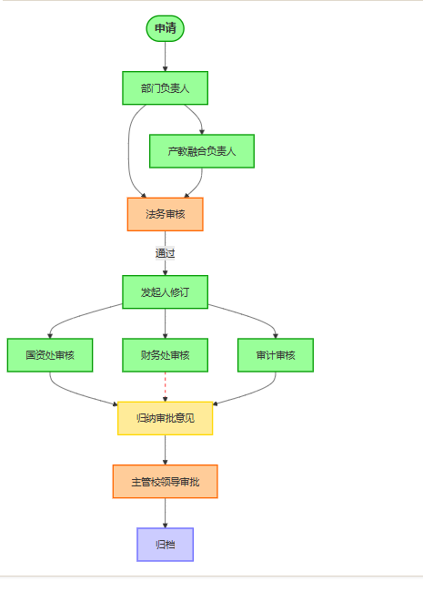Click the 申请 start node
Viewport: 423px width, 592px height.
tap(165, 29)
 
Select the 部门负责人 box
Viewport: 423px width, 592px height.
tap(165, 88)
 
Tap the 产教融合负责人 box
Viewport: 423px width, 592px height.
tap(201, 151)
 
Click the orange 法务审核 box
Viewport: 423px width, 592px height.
tap(165, 214)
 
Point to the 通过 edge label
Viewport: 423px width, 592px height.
tap(165, 253)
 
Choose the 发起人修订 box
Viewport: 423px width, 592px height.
tap(165, 292)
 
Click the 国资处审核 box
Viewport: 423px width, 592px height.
tap(50, 355)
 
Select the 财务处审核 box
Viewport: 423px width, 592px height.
tap(165, 355)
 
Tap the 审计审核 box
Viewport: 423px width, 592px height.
tap(276, 355)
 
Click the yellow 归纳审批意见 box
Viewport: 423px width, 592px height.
tap(165, 418)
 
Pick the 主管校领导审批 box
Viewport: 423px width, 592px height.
tap(165, 481)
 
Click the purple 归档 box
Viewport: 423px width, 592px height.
tap(165, 544)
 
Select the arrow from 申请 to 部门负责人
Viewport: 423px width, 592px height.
tap(165, 56)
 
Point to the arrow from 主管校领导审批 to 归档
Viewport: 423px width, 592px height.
tap(165, 513)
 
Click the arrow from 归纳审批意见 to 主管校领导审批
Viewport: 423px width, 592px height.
tap(165, 450)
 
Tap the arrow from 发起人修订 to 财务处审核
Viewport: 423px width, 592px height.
tap(165, 323)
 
